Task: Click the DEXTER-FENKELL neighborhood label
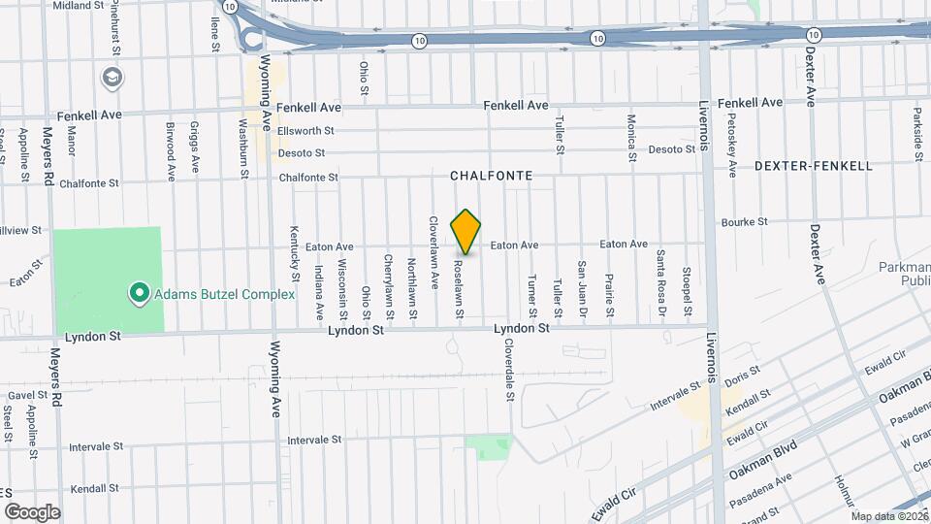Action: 813,166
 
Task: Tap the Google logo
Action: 32,511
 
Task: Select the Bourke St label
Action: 745,221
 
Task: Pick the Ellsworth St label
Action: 305,130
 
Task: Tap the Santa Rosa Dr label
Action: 660,283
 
